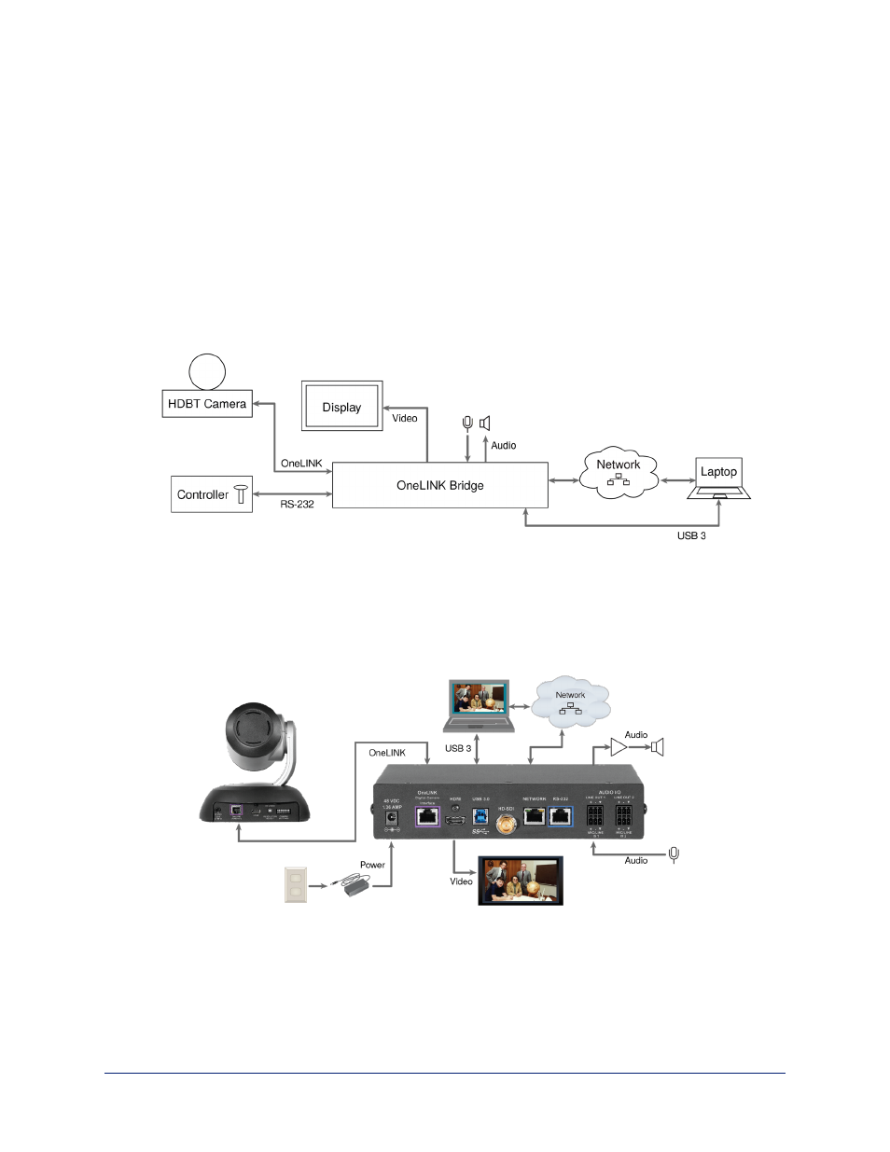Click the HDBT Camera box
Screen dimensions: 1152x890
207,404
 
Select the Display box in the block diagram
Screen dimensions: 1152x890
341,407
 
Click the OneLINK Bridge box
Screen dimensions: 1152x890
439,485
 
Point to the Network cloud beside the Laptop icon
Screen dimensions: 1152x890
618,472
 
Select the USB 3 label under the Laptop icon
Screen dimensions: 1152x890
690,536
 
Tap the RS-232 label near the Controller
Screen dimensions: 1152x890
297,505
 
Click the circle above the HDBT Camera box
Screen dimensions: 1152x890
207,371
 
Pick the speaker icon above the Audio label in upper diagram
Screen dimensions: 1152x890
484,423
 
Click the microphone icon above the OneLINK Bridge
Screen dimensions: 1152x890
467,423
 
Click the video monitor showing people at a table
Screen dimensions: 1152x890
520,881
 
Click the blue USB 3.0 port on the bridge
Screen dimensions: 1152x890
480,814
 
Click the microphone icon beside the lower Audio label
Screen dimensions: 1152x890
674,854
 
